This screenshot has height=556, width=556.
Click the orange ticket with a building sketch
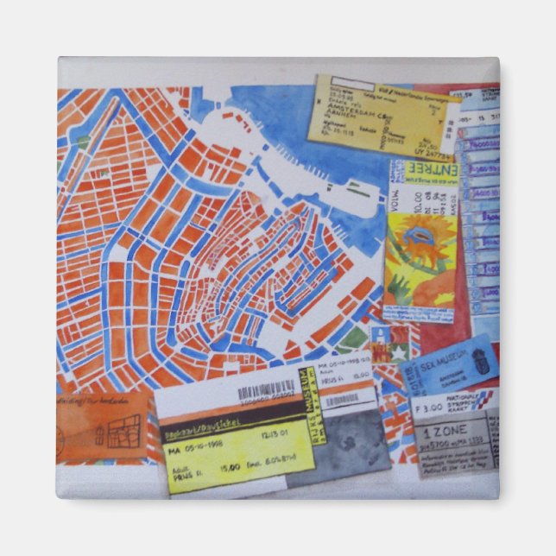(x=103, y=426)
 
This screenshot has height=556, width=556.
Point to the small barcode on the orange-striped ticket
(x=341, y=399)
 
